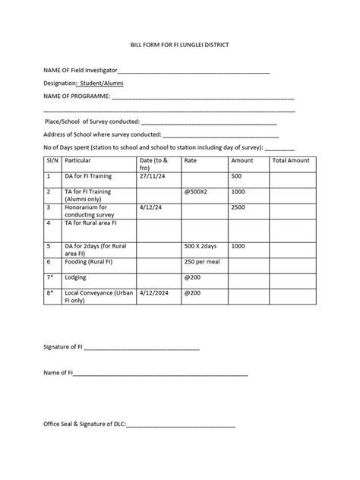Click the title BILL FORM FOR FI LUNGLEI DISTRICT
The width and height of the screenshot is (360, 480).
click(x=179, y=46)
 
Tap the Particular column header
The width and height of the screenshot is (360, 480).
click(x=79, y=161)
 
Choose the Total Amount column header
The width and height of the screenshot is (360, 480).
click(x=291, y=161)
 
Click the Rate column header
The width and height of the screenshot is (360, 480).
click(x=191, y=161)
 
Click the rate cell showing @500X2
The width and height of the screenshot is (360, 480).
click(x=197, y=191)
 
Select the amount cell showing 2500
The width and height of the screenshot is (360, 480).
click(x=238, y=207)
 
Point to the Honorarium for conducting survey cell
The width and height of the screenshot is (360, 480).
click(x=87, y=210)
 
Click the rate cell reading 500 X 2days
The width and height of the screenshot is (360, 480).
click(x=201, y=246)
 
